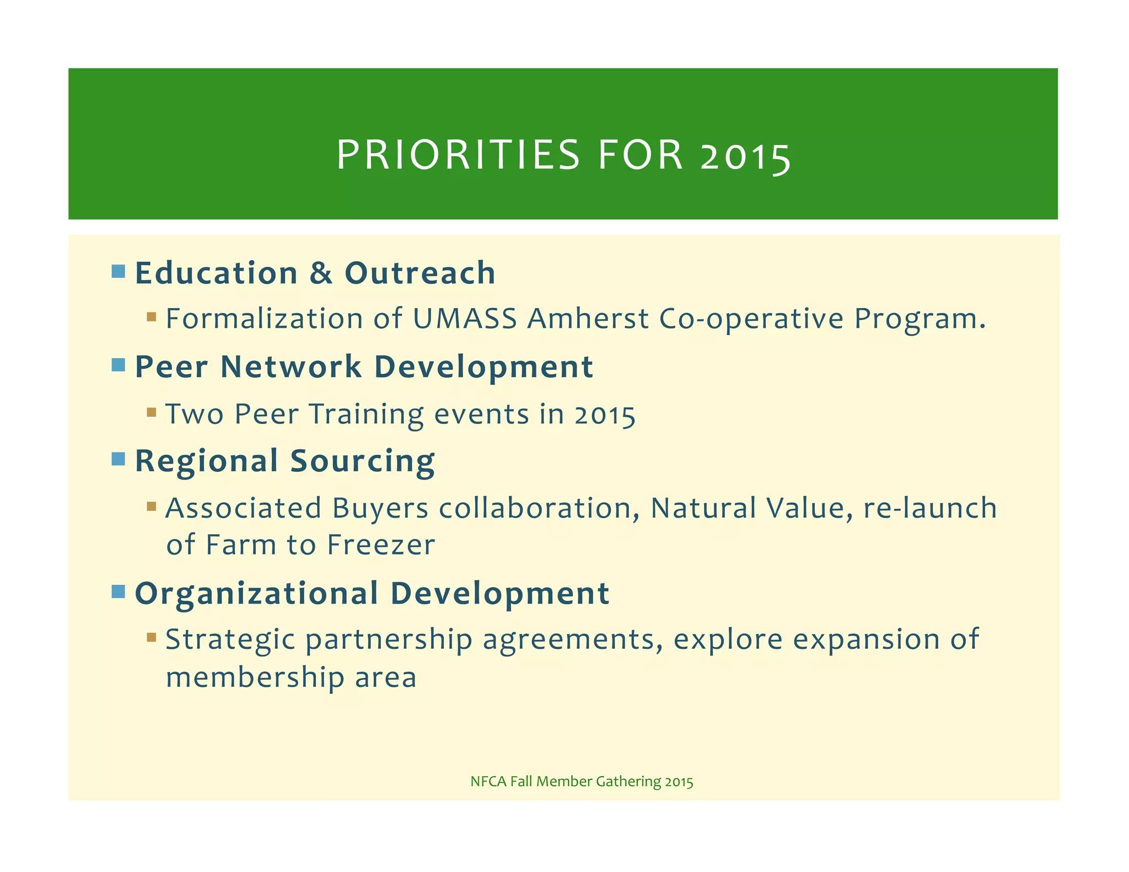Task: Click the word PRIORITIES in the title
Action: [x=458, y=155]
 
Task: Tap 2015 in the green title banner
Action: [x=745, y=157]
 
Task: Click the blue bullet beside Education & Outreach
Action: [x=118, y=271]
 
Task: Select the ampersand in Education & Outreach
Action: [x=321, y=273]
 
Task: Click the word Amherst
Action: [x=588, y=319]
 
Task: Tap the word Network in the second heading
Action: [x=291, y=367]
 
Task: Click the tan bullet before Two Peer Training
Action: [x=152, y=412]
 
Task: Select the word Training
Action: [x=367, y=414]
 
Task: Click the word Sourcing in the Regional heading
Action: [x=362, y=461]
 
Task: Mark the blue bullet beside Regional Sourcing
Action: [x=118, y=459]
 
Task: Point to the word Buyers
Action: [x=380, y=508]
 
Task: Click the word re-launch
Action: [x=929, y=508]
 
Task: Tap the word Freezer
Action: [x=381, y=545]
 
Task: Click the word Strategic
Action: [x=230, y=640]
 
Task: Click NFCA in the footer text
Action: [x=488, y=782]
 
